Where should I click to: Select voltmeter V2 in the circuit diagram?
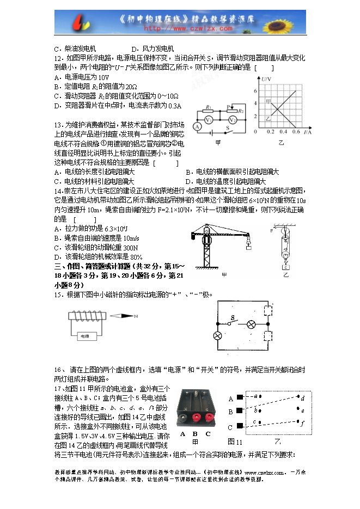pos(233,119)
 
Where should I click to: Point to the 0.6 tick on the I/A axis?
pos(296,132)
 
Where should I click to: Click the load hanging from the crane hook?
pos(248,247)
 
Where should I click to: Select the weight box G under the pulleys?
pos(284,266)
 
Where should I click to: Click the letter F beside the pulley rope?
pos(272,231)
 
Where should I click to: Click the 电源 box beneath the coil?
pos(86,336)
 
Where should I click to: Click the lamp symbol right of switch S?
pos(252,325)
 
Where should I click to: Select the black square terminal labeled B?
pos(239,412)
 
